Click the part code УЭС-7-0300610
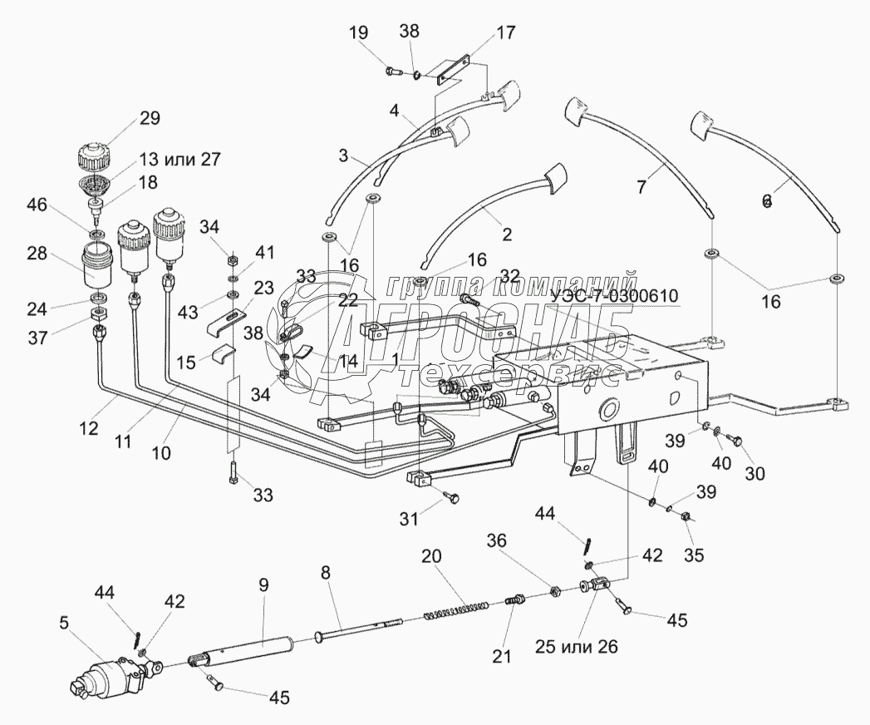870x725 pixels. point(613,295)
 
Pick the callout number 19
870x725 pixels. point(357,33)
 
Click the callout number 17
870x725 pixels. point(506,33)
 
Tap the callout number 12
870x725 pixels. point(89,429)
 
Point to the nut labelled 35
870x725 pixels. point(686,516)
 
